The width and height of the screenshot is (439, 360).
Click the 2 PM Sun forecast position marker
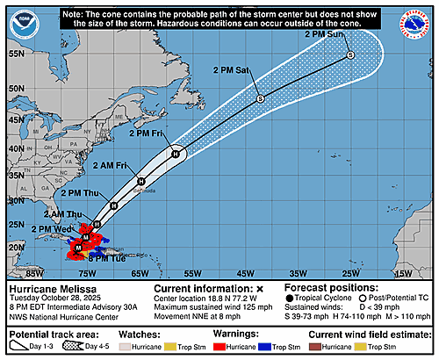[x=350, y=55]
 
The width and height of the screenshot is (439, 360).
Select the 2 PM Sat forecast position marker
[x=260, y=98]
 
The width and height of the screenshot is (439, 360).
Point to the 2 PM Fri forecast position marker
[x=176, y=154]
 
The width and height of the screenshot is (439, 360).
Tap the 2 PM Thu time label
[x=78, y=191]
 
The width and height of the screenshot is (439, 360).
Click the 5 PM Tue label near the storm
[x=104, y=258]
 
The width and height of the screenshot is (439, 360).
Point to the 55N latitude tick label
[x=16, y=53]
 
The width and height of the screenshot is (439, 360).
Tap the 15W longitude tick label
[x=402, y=273]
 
